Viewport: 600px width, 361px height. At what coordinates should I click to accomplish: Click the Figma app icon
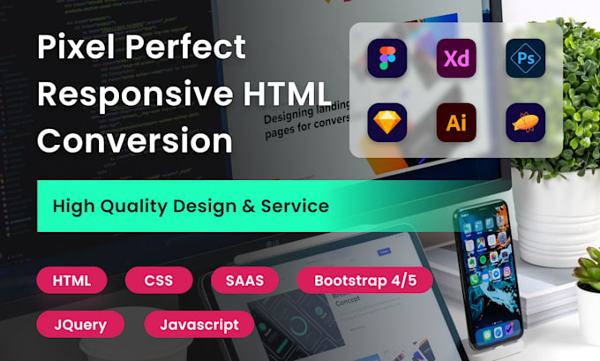pos(387,59)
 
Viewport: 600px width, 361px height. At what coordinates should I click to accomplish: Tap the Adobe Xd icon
pos(456,59)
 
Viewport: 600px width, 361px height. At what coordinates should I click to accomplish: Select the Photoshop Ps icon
pos(526,59)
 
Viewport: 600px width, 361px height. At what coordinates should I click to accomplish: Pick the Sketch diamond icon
pos(387,124)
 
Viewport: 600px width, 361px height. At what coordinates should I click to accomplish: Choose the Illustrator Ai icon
pos(456,124)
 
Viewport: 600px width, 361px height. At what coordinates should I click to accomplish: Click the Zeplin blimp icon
pos(526,124)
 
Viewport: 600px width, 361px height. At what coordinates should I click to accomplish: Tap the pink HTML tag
pos(71,282)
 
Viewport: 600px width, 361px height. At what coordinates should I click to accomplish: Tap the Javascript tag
pos(199,324)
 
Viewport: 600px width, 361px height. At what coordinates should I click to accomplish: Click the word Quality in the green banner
pos(146,207)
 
